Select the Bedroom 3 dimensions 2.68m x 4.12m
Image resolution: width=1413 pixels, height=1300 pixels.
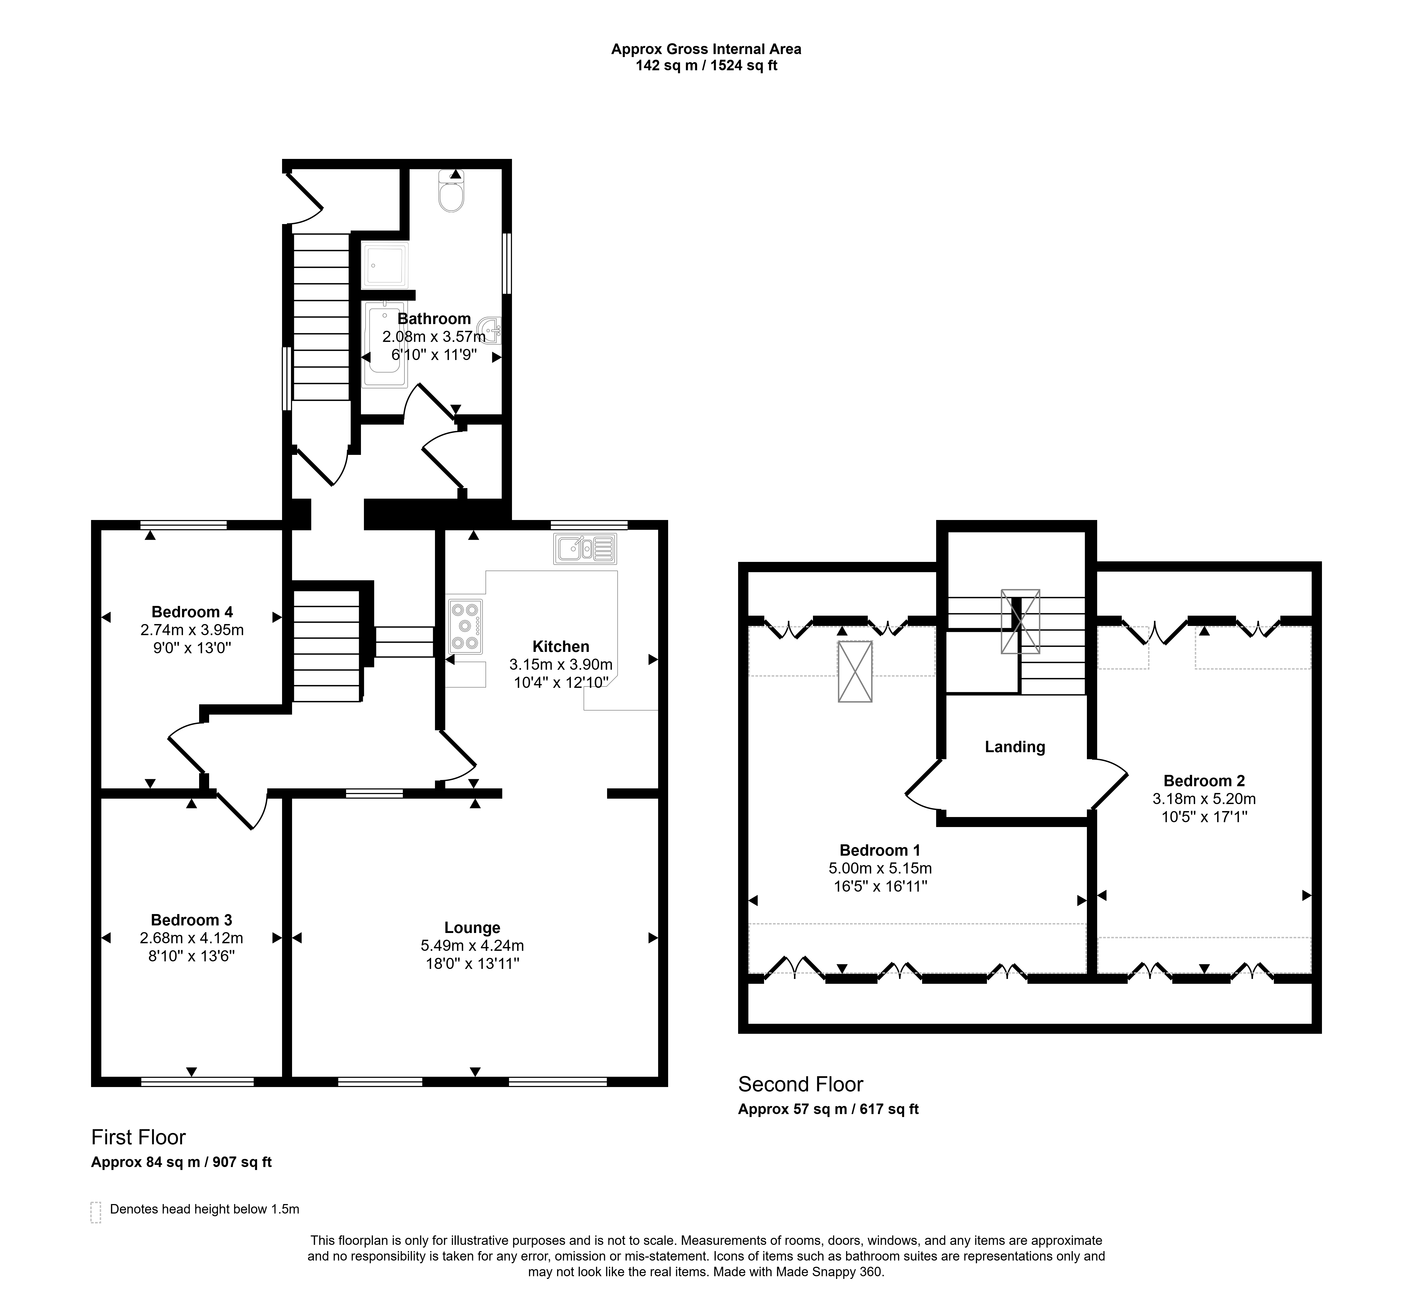coord(191,938)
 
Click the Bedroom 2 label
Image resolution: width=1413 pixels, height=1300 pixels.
coord(1204,780)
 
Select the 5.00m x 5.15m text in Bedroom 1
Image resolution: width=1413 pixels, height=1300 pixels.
coord(880,868)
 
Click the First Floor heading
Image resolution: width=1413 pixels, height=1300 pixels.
coord(139,1138)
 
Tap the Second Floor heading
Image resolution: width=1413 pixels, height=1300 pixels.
coord(801,1084)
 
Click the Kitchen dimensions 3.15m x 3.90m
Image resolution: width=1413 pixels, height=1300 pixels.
coord(561,664)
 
